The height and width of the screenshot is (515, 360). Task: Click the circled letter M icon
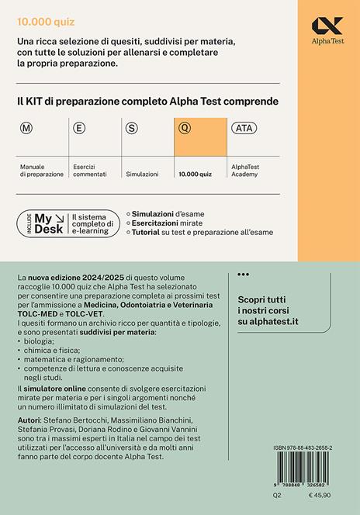[x=26, y=128]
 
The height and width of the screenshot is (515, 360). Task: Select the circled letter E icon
[x=78, y=128]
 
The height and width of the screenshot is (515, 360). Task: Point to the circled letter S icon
[x=132, y=128]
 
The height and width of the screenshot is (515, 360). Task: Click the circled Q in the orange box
[x=184, y=128]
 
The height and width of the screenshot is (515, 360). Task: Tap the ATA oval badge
[x=242, y=128]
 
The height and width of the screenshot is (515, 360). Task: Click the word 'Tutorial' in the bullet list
[x=149, y=234]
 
